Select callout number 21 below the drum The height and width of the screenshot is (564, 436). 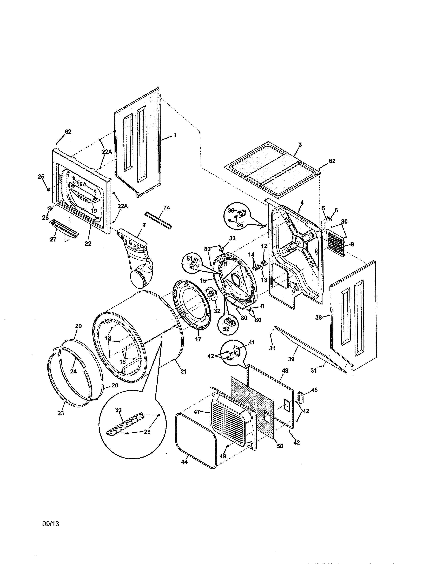183,372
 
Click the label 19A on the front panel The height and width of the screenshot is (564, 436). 81,184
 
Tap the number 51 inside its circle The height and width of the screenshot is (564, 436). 190,258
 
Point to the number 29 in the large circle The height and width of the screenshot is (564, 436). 147,432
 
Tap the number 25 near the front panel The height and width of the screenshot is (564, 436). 41,177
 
